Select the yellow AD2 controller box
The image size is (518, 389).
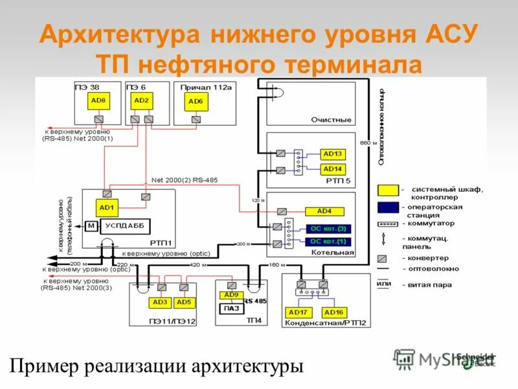141,100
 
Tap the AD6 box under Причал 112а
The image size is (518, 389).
195,102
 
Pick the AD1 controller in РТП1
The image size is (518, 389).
107,207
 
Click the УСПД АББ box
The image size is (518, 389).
125,226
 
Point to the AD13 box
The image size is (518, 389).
333,154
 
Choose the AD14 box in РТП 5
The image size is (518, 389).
333,169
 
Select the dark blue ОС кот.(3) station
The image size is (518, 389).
328,229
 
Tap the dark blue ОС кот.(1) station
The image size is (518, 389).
328,242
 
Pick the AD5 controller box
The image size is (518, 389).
184,302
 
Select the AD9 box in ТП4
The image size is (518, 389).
231,296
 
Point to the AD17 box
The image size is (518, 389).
298,312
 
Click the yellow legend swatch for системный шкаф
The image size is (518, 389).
388,190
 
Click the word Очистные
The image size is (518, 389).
331,120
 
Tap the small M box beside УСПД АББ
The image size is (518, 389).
91,226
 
